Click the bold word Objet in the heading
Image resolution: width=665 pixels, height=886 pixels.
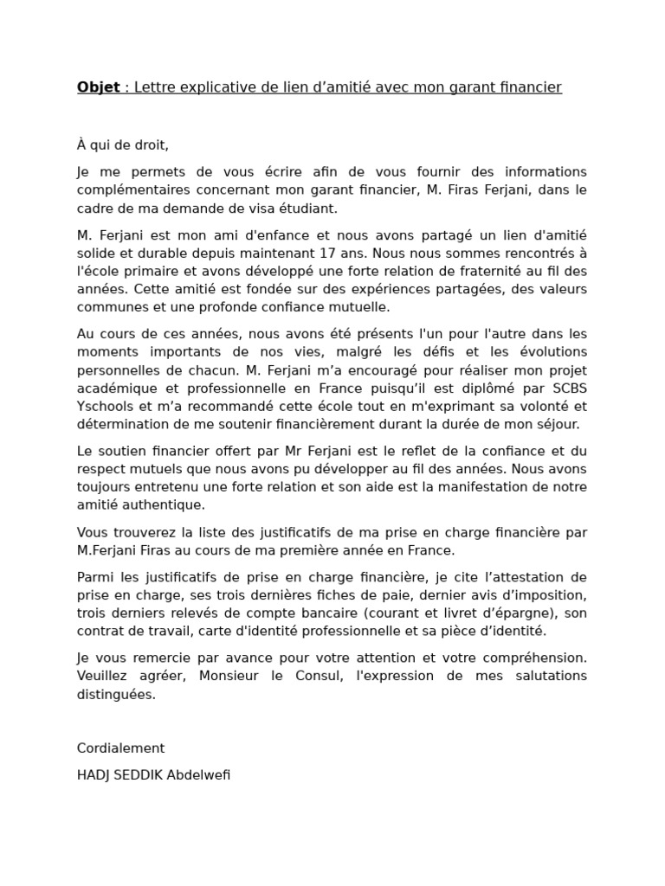98,87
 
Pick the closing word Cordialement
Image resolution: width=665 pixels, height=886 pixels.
120,748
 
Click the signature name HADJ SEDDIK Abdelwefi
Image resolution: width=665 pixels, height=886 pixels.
153,775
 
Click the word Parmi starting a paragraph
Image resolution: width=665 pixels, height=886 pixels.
95,577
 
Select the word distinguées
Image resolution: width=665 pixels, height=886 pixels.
116,694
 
